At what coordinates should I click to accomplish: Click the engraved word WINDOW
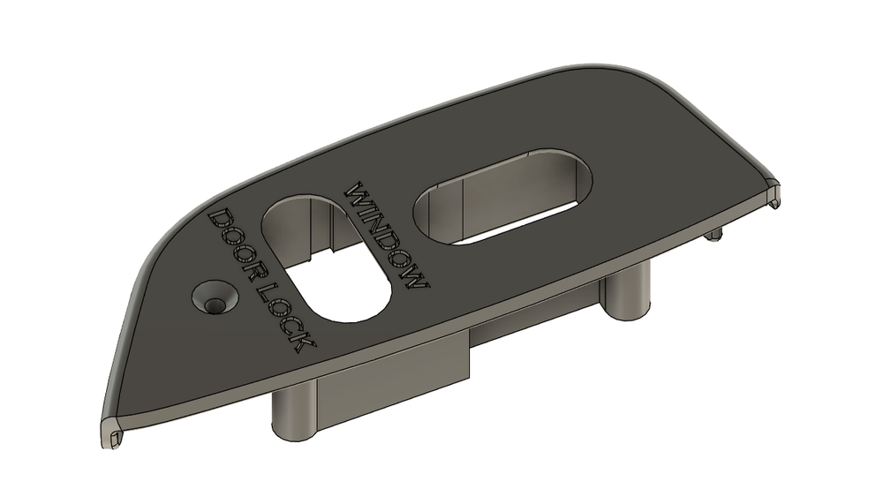389,237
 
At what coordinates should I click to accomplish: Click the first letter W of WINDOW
358,192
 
